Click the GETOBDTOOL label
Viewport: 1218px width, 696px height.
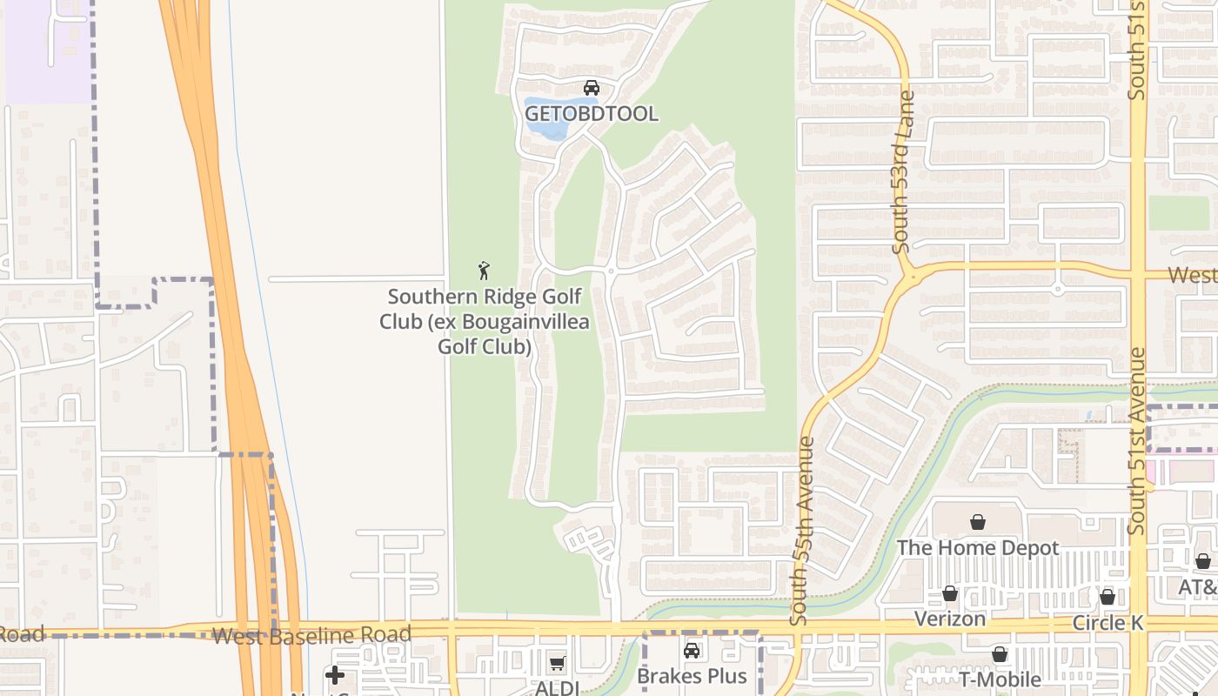pos(592,114)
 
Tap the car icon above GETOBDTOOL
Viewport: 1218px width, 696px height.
pos(592,88)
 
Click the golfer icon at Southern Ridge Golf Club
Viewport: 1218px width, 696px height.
pos(485,271)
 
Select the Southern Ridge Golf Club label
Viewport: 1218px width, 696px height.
pos(485,322)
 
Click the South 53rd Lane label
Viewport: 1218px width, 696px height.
pos(904,172)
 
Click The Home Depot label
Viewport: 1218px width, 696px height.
pos(978,548)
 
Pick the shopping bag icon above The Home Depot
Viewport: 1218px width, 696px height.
pos(978,522)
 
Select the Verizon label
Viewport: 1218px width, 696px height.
pos(950,619)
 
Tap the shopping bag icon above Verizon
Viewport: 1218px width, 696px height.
pos(950,593)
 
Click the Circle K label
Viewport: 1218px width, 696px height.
pos(1107,623)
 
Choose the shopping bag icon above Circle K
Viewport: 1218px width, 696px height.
pos(1107,597)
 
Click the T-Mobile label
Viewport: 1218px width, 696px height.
pos(1000,679)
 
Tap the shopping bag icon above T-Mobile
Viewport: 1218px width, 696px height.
pos(1000,654)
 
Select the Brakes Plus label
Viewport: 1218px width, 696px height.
pos(692,676)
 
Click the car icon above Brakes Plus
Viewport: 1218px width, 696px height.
pos(692,651)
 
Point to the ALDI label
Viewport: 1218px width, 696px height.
pos(557,687)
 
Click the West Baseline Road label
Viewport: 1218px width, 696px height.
pos(311,636)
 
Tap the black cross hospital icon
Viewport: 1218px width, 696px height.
pos(335,675)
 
